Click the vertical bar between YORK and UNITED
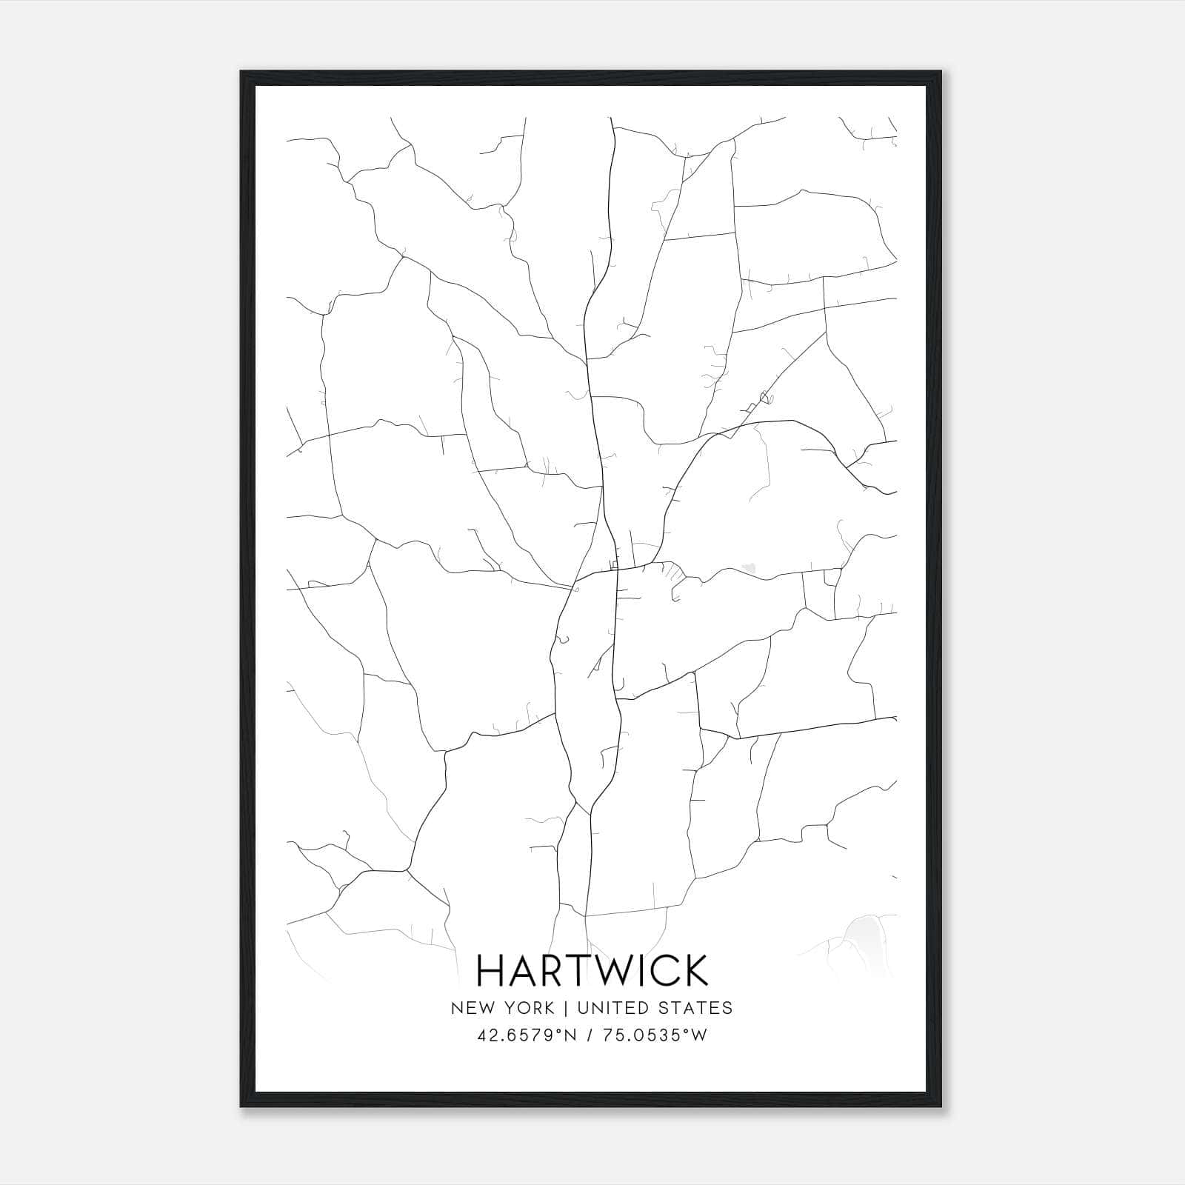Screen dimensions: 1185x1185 click(564, 1007)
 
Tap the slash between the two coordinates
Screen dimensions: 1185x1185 click(588, 1035)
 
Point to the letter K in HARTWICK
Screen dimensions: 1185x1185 click(694, 970)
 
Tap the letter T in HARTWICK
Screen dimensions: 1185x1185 click(569, 970)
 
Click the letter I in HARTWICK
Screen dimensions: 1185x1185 click(635, 970)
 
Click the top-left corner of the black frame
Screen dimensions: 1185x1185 click(241, 73)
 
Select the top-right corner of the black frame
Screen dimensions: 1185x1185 click(941, 73)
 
